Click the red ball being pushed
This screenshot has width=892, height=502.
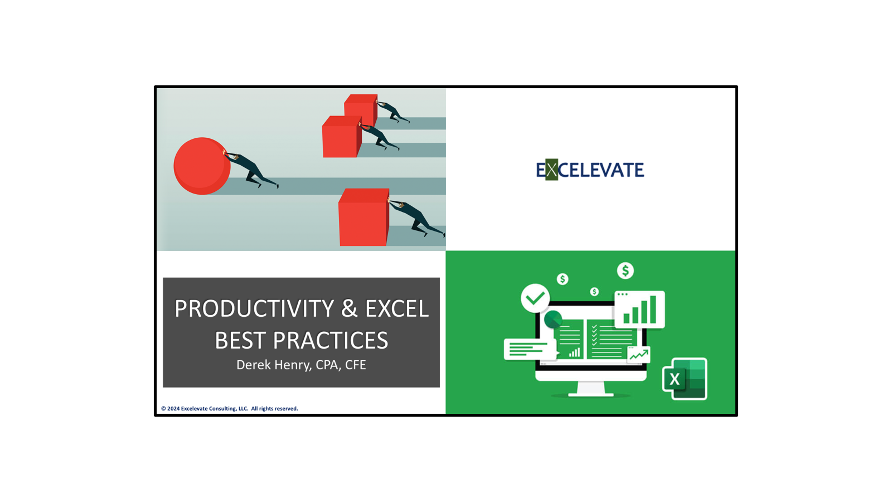tap(202, 166)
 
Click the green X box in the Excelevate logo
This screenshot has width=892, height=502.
tap(552, 169)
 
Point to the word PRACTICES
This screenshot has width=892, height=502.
tap(330, 340)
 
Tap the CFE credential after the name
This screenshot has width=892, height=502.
tap(355, 365)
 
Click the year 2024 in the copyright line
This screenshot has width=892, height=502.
tap(173, 409)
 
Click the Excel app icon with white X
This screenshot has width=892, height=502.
tap(684, 379)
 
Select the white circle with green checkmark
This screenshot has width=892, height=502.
tap(535, 298)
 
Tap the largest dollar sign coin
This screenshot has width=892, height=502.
tap(625, 271)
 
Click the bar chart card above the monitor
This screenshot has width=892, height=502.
tap(639, 309)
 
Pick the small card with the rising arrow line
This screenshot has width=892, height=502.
tap(639, 354)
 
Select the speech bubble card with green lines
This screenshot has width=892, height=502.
tap(530, 349)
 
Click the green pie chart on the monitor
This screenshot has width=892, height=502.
tap(553, 319)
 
